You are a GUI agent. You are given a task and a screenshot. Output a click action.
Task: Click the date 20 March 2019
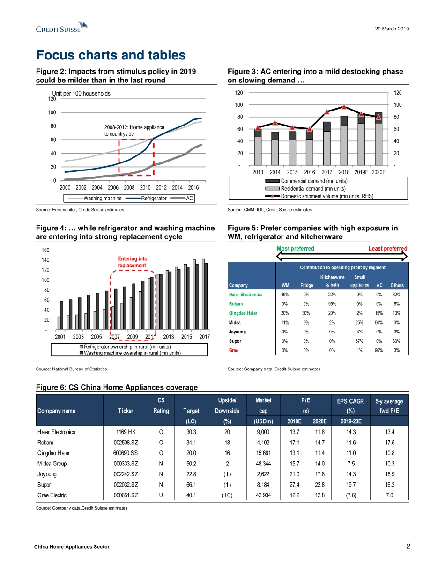[x=392, y=29]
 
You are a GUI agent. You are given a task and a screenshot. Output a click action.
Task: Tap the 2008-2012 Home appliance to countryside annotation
[x=133, y=131]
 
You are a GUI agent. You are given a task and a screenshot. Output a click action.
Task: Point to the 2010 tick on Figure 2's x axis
[x=145, y=187]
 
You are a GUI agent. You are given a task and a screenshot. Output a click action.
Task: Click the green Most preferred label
[x=295, y=248]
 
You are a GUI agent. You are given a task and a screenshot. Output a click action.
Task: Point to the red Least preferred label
[x=388, y=248]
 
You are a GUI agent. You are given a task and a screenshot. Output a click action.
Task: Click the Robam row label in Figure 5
[x=236, y=303]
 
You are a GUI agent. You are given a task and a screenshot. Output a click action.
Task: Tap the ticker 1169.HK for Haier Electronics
[x=125, y=432]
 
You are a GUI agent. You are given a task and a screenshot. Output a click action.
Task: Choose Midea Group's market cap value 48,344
[x=263, y=464]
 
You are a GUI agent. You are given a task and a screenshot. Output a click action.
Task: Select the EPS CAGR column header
[x=349, y=406]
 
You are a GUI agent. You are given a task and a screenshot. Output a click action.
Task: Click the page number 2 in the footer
[x=407, y=546]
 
